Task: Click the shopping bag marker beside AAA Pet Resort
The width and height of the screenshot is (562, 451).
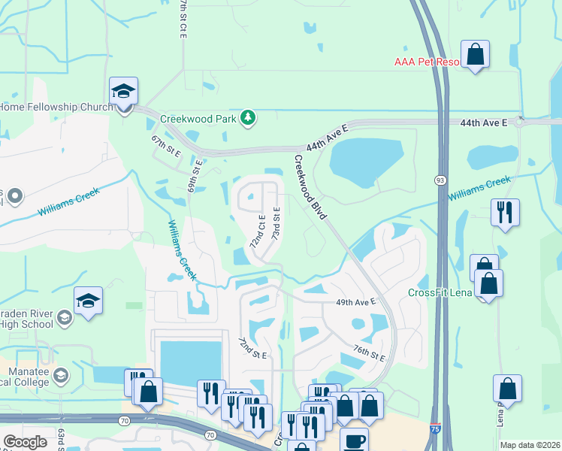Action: click(475, 55)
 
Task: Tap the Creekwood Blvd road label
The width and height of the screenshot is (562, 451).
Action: click(310, 186)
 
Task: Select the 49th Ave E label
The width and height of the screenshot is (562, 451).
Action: click(355, 302)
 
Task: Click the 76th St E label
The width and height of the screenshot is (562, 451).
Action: click(369, 352)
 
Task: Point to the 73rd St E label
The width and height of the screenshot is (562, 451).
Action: click(276, 224)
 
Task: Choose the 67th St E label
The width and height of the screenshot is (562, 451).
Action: click(166, 146)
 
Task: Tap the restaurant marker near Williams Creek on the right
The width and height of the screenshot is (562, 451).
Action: click(504, 211)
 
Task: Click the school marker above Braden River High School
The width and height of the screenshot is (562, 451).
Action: click(88, 302)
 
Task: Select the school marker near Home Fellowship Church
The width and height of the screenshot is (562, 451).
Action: click(123, 92)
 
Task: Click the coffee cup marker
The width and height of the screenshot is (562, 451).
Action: click(354, 440)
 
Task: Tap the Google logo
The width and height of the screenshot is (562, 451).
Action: click(26, 442)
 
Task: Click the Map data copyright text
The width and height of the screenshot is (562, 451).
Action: click(530, 445)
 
